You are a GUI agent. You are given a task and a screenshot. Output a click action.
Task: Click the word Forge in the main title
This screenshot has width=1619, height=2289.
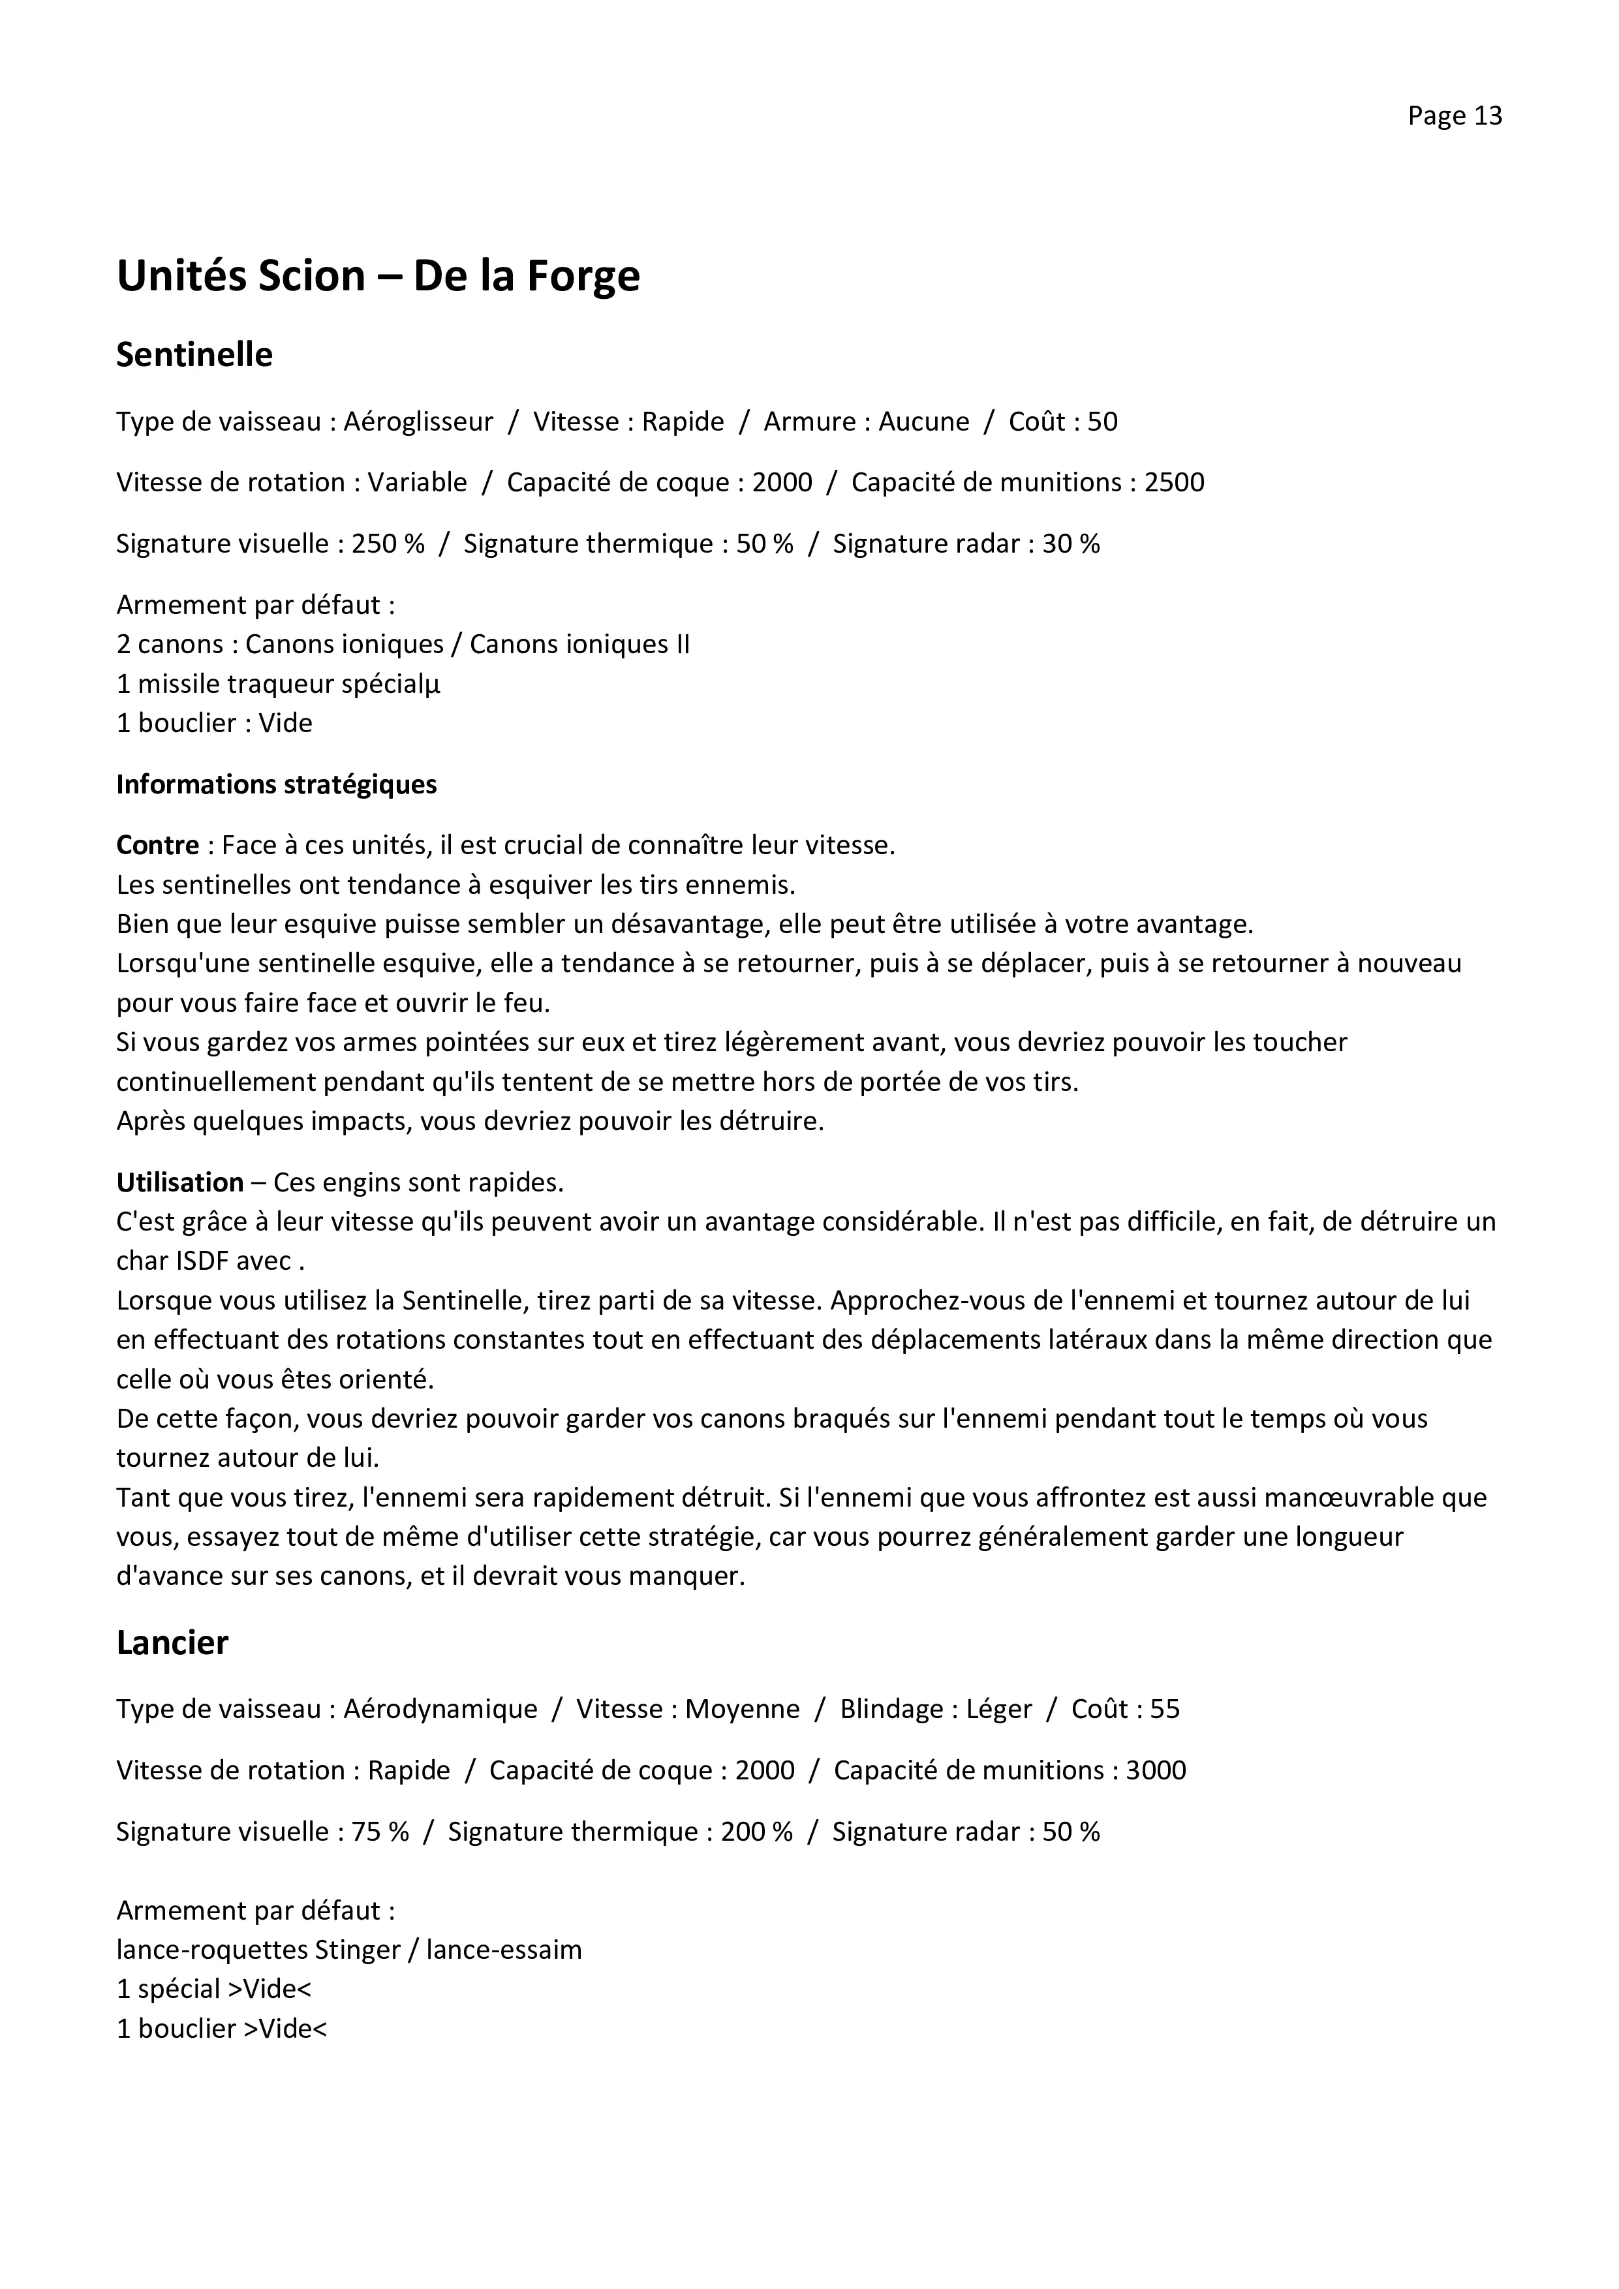click(x=582, y=276)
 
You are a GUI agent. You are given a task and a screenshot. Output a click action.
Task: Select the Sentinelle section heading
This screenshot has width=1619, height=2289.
click(x=194, y=355)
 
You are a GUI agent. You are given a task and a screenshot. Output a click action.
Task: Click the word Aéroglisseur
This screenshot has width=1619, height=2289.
click(x=419, y=422)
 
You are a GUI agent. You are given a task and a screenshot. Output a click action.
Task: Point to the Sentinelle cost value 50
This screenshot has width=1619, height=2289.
click(x=1103, y=422)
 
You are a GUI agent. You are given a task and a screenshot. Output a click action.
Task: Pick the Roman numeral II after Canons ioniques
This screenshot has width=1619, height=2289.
click(x=682, y=644)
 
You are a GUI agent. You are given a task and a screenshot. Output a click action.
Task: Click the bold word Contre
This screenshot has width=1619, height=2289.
click(x=157, y=846)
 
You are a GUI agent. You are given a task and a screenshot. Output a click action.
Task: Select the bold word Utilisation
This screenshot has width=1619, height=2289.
click(x=179, y=1182)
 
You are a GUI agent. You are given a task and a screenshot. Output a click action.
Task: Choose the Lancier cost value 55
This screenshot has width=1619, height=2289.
click(x=1164, y=1709)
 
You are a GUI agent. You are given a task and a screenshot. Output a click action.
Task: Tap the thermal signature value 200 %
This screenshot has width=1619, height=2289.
click(x=757, y=1832)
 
